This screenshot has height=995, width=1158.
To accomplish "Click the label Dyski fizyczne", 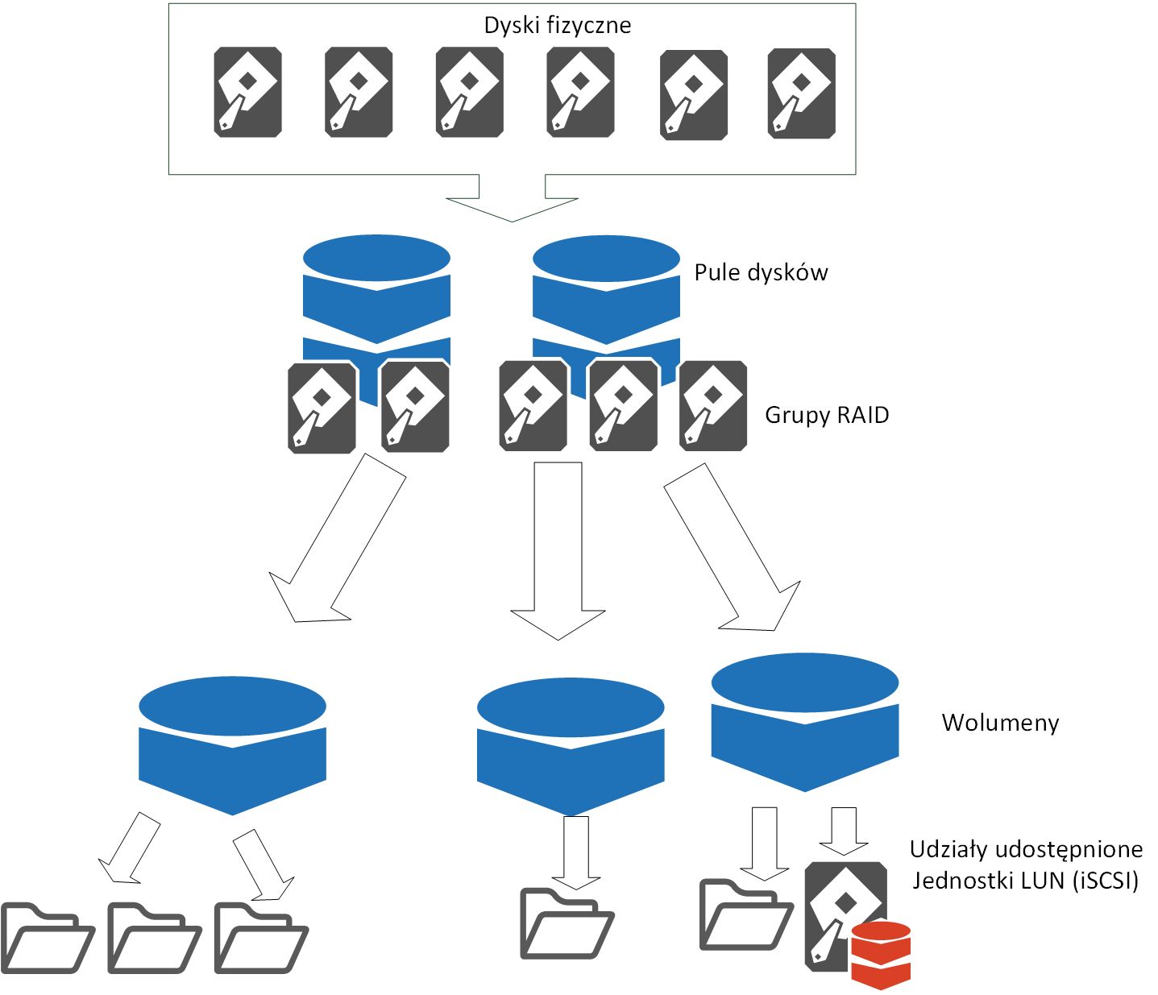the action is click(558, 26).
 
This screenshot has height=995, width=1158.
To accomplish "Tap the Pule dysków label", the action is click(761, 272).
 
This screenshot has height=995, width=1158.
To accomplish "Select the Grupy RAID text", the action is click(827, 415).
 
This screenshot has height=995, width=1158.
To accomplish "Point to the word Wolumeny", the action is click(1000, 723).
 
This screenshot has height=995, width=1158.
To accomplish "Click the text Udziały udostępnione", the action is click(1026, 849).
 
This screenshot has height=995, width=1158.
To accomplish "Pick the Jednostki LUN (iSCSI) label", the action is click(1025, 881).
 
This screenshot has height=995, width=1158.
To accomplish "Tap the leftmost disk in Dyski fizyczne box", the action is click(247, 92).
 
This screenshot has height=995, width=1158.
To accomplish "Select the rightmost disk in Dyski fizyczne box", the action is click(801, 93).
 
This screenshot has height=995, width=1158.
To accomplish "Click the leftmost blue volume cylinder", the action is click(233, 745).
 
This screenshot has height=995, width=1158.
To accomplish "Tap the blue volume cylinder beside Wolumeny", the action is click(805, 723).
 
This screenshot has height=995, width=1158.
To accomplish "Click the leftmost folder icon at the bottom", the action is click(48, 937).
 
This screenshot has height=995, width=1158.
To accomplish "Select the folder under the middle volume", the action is click(567, 923).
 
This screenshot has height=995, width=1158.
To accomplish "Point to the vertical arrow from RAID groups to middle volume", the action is click(558, 551).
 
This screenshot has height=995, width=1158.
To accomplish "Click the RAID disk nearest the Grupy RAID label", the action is click(712, 406).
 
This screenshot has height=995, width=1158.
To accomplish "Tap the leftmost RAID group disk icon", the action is click(322, 408).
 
